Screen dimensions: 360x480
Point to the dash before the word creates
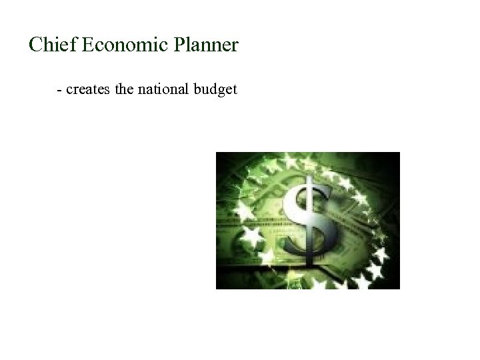[61, 89]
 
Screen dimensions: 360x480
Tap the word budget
[215, 89]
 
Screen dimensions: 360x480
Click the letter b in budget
[197, 89]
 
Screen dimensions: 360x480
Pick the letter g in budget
[221, 91]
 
